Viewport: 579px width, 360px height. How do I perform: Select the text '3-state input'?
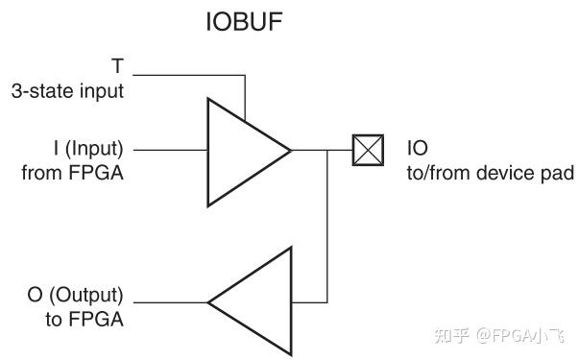point(67,92)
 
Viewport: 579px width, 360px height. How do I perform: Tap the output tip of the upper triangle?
point(290,151)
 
